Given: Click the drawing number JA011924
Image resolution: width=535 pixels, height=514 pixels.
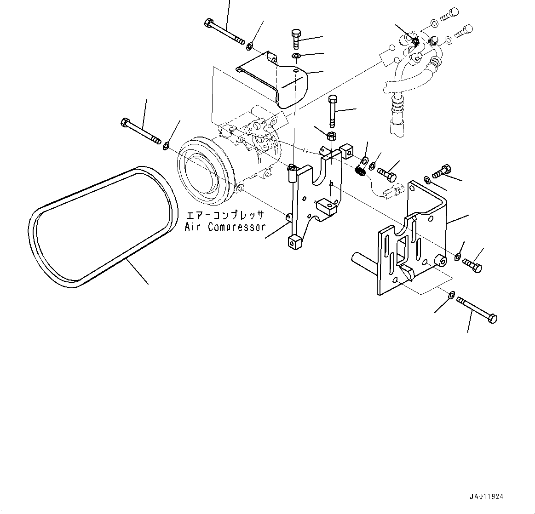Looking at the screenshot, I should (486, 497).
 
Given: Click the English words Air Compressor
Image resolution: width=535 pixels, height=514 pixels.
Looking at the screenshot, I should (225, 227).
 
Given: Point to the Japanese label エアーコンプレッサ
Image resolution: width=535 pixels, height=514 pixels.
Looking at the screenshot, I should (225, 215).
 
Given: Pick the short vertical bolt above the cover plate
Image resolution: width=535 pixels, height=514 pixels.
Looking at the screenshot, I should (296, 39).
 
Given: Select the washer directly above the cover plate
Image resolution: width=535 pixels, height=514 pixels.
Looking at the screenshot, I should (296, 56).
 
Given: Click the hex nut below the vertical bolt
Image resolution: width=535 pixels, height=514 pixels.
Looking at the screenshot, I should (331, 136).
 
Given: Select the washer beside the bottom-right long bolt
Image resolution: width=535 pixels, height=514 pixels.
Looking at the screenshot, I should (451, 294).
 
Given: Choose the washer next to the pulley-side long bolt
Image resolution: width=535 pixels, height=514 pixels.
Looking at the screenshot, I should (166, 146).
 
